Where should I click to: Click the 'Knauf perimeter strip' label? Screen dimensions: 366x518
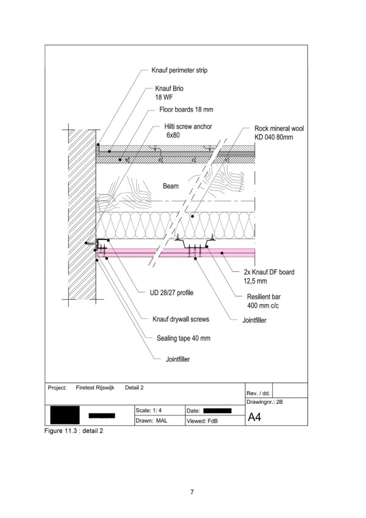(179, 70)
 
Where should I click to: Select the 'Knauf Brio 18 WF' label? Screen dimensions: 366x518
(169, 92)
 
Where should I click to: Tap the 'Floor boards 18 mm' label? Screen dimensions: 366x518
(186, 109)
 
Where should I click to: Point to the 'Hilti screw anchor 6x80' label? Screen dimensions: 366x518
(188, 131)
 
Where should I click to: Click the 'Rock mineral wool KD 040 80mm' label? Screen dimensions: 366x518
(279, 133)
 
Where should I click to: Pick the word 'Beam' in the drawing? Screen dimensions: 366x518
(171, 186)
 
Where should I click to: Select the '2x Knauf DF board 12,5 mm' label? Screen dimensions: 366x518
(269, 277)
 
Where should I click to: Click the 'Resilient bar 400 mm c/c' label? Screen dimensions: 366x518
(264, 301)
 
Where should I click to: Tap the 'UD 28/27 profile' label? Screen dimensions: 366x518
(171, 293)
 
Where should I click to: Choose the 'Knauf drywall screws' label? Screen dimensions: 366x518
(181, 319)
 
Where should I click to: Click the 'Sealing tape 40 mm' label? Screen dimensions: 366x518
(183, 338)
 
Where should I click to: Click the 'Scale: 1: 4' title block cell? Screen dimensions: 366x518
(148, 410)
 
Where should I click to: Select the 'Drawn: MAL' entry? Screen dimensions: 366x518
(151, 420)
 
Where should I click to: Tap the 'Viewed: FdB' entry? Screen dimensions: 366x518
(202, 421)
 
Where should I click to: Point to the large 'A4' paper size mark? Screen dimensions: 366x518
(254, 417)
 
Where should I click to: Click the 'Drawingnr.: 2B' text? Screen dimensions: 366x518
(264, 402)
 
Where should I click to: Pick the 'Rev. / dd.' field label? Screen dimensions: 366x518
(258, 393)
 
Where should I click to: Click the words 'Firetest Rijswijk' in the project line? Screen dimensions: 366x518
(95, 387)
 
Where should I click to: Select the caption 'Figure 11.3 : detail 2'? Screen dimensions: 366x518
(74, 431)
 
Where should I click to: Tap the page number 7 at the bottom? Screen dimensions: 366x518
(192, 492)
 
